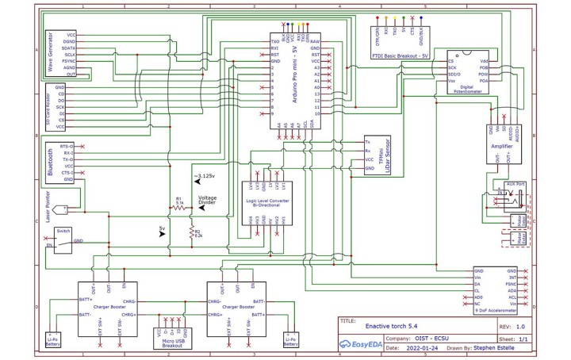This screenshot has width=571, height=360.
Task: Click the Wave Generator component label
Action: (x=51, y=54)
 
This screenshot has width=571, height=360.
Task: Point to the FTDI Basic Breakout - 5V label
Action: (x=400, y=56)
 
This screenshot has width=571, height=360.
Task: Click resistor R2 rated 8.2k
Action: (x=191, y=232)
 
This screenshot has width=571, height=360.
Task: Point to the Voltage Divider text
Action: (x=208, y=202)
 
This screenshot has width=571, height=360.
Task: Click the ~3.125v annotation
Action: (x=205, y=176)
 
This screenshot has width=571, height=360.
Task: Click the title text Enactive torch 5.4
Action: (x=390, y=326)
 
